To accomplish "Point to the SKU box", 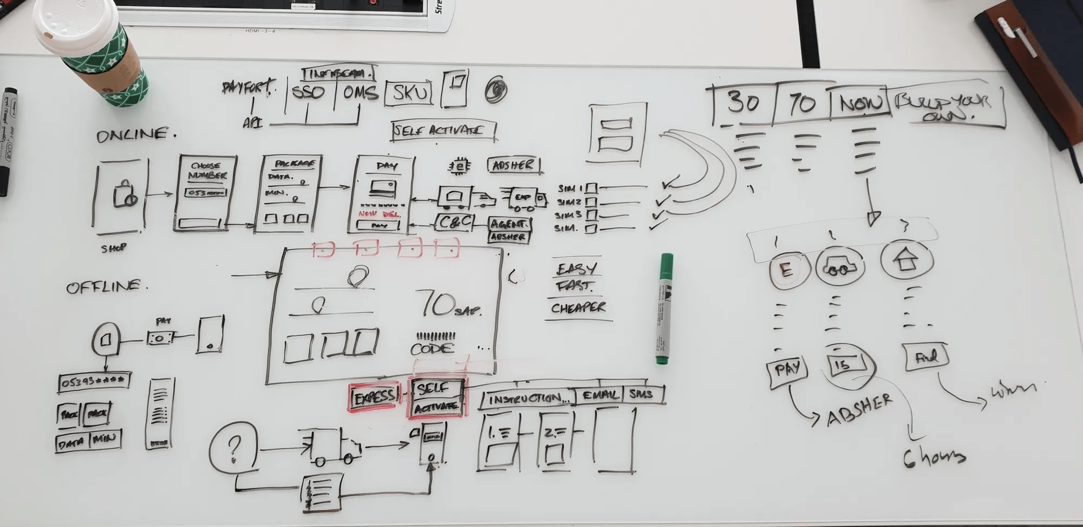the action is click(409, 93).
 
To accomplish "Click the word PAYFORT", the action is click(249, 87).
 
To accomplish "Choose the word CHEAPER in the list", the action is click(578, 308).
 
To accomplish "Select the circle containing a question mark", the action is click(233, 448).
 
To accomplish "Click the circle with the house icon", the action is click(906, 261).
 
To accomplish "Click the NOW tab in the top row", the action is click(859, 102).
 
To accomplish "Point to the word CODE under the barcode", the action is click(432, 349).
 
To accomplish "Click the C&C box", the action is click(454, 222).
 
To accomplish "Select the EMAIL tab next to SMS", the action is click(599, 395).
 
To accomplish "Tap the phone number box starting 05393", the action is click(93, 382).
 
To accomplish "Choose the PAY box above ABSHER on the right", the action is click(787, 370).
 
